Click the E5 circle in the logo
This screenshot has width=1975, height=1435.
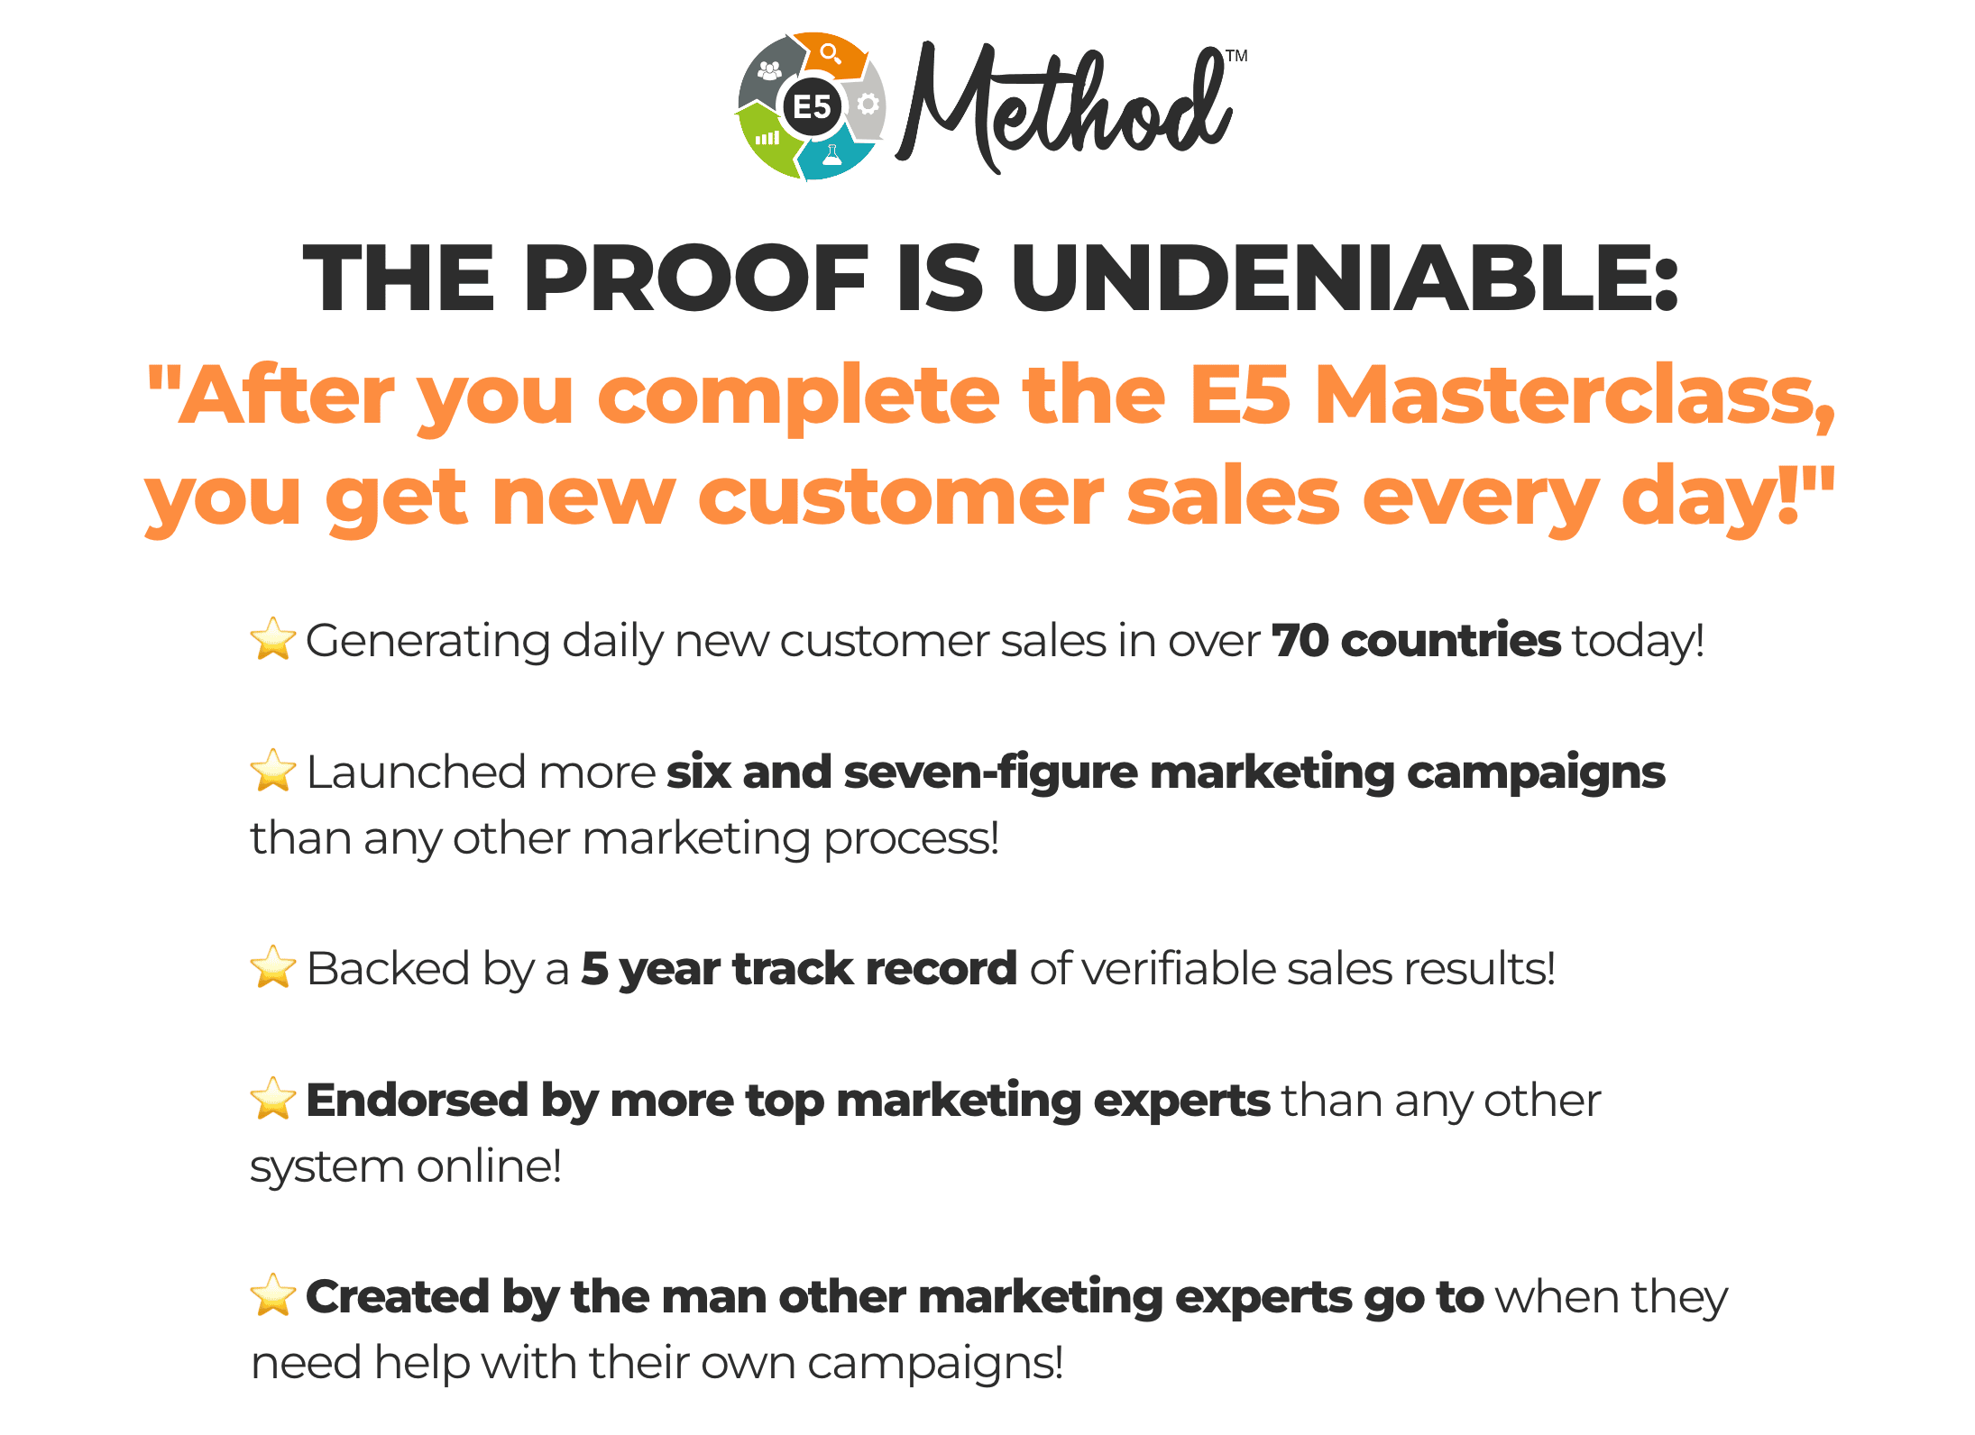tap(812, 106)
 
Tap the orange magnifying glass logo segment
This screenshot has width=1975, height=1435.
tap(831, 54)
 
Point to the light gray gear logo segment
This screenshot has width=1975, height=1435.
tap(867, 103)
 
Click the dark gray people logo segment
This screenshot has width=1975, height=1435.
tap(770, 72)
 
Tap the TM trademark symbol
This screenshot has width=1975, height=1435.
tap(1236, 56)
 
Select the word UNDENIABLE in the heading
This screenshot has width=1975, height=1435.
tap(1344, 279)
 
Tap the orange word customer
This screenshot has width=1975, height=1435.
tap(901, 497)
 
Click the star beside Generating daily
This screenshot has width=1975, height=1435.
tap(272, 639)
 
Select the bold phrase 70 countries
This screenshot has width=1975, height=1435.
tap(1416, 641)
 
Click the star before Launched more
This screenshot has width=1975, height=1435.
tap(272, 771)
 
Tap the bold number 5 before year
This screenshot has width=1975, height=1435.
tap(594, 969)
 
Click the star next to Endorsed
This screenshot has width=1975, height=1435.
tap(272, 1099)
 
